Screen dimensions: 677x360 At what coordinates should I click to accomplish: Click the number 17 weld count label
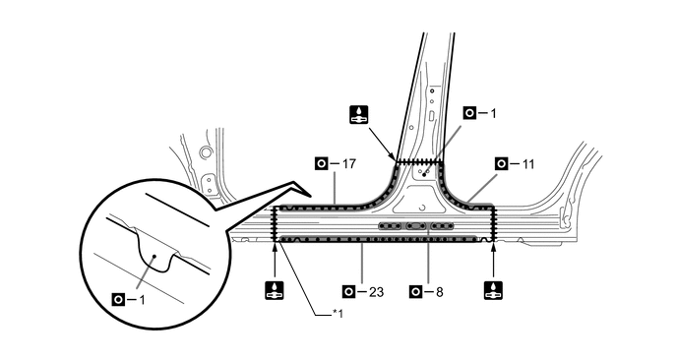point(349,164)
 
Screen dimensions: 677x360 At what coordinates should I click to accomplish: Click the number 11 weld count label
point(528,164)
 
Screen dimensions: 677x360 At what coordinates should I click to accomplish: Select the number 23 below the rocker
point(377,292)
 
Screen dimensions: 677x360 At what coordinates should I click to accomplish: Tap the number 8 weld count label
point(440,292)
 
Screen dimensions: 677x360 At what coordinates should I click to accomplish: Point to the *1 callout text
point(338,314)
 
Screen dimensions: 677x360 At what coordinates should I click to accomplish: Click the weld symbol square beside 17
point(321,164)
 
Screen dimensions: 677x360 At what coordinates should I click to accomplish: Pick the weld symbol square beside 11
point(501,164)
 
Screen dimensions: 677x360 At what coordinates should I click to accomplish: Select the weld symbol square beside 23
point(348,292)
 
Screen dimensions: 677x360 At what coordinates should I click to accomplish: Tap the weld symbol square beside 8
point(415,292)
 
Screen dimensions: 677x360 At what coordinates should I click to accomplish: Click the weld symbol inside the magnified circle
point(118,299)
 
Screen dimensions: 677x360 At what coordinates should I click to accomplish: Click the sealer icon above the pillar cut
point(359,115)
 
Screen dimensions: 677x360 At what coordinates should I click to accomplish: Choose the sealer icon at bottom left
point(275,290)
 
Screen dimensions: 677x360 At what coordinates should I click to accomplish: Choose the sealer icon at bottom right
point(494,290)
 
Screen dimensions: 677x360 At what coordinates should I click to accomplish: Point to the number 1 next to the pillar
point(493,113)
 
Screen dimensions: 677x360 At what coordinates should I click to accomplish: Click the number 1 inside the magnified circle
point(142,300)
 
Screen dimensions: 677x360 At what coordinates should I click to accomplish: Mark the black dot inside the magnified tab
point(154,256)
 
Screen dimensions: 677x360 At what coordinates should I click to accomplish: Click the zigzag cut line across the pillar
point(419,161)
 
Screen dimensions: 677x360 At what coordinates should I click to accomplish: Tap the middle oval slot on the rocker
point(416,226)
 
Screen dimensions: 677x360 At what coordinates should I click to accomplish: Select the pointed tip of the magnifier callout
point(311,195)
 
